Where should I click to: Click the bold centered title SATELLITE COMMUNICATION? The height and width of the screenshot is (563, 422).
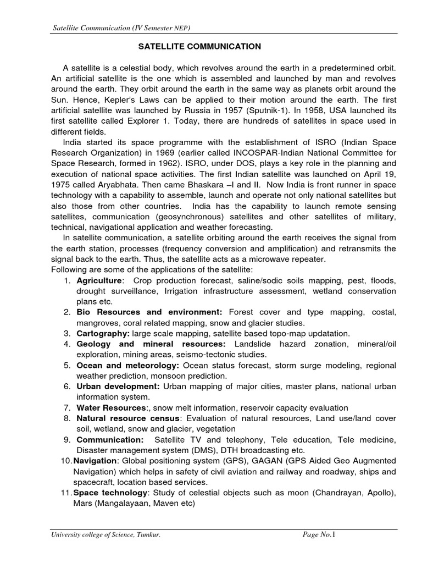(198, 47)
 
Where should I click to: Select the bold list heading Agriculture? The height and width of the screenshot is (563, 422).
(99, 280)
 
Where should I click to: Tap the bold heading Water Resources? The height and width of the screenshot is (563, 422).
(112, 408)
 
